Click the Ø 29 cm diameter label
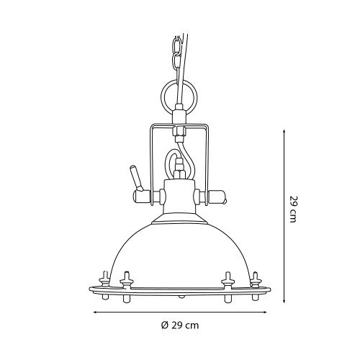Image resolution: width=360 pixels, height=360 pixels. coord(180,325)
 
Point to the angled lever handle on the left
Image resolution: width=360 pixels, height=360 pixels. coord(136,177)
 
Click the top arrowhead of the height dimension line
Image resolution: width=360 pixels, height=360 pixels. coord(284,132)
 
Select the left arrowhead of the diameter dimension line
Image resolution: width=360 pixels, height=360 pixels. coord(95,312)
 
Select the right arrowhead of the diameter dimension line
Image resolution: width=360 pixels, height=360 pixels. coord(264,312)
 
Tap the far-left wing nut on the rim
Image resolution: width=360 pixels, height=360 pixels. coord(104,279)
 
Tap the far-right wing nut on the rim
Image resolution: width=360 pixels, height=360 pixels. coord(256,280)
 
